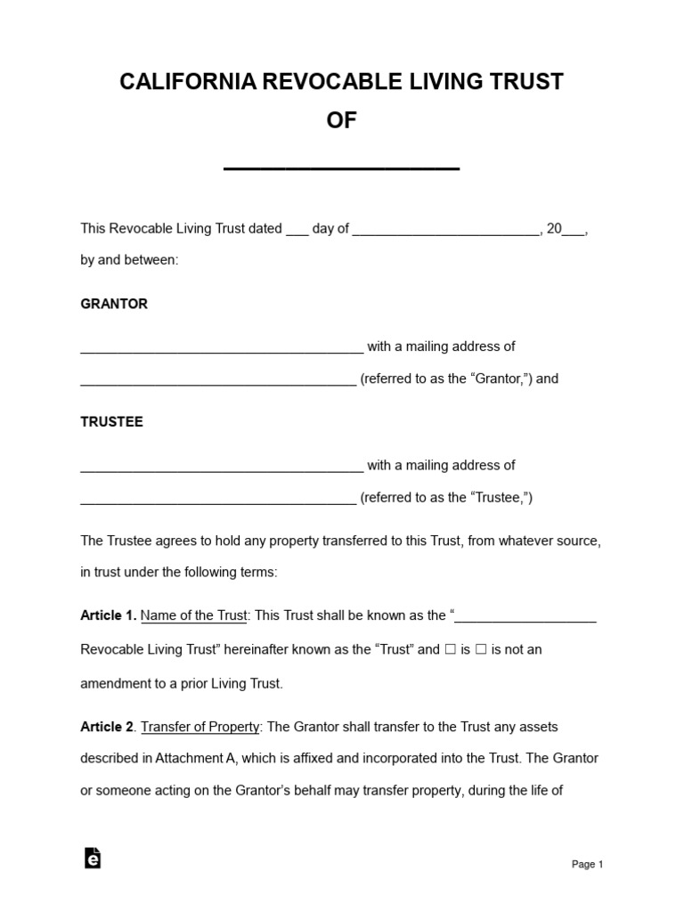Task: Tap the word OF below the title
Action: click(341, 121)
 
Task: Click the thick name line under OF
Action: click(341, 167)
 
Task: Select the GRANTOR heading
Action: click(114, 304)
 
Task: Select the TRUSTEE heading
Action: click(111, 422)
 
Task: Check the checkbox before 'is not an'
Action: click(481, 649)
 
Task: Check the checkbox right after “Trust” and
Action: click(451, 649)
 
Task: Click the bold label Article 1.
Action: click(108, 615)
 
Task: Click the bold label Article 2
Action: click(108, 727)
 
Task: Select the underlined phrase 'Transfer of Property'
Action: click(200, 727)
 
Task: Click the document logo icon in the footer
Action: click(92, 858)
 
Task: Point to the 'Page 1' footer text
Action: click(587, 864)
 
